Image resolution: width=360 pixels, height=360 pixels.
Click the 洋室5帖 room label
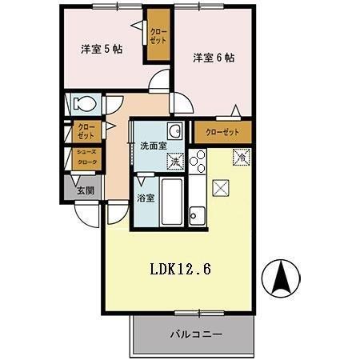pos(102,50)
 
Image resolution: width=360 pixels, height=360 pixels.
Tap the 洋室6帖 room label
pos(213,58)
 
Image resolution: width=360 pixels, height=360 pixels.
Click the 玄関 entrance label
pos(85,190)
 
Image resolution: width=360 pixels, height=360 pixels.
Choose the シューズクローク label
pos(86,158)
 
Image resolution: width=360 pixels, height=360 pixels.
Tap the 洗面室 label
pos(153,146)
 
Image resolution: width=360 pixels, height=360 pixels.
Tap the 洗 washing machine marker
pos(175,162)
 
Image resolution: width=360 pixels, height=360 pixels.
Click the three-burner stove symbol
pos(198,162)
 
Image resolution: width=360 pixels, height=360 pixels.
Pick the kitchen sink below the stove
pos(198,214)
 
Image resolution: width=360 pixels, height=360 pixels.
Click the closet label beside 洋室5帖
pos(158,35)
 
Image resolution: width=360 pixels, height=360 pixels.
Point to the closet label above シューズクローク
pos(86,130)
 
